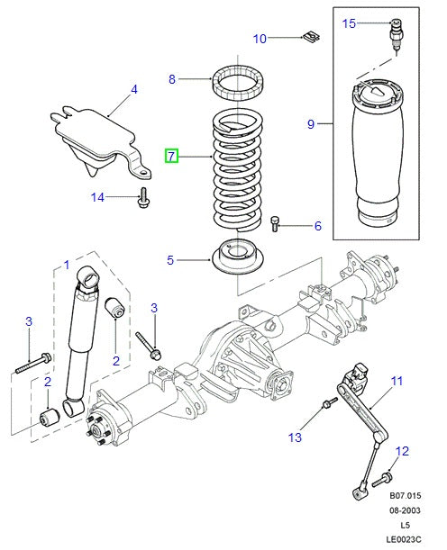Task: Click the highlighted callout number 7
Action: tap(171, 157)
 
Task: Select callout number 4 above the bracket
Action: tap(133, 89)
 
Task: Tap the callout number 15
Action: tap(350, 23)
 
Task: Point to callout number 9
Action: tap(311, 124)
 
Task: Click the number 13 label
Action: tap(293, 437)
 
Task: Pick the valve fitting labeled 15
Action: tap(393, 32)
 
